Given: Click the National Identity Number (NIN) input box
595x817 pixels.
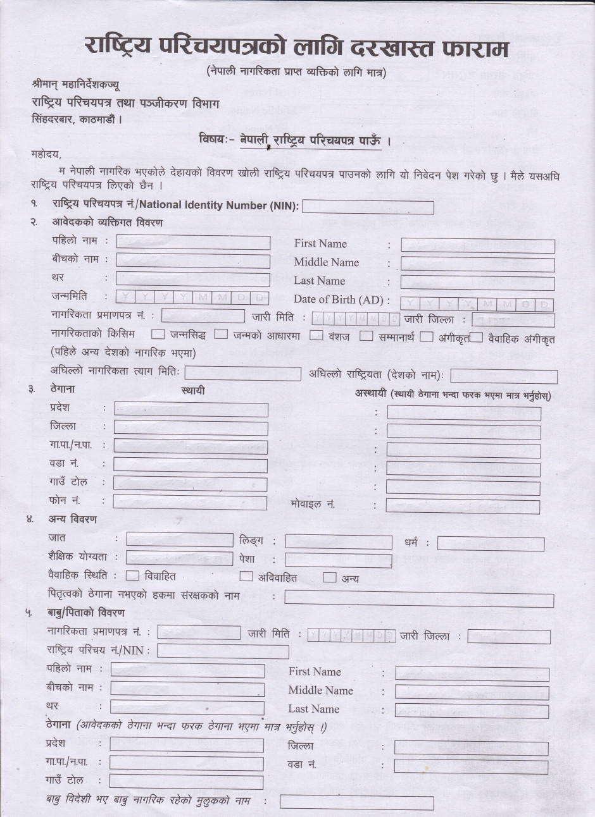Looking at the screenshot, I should (x=367, y=207).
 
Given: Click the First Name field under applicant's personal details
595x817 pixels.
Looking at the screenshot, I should (x=477, y=246).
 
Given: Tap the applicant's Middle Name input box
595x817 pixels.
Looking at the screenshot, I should (x=477, y=264).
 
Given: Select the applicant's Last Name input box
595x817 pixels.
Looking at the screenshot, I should (x=477, y=283).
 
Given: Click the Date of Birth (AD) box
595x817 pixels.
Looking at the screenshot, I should (x=477, y=305).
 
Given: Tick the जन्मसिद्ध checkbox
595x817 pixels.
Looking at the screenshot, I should (x=158, y=335).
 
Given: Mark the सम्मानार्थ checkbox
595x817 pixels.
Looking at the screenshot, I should (x=366, y=336).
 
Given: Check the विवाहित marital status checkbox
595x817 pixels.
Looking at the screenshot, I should (x=132, y=575).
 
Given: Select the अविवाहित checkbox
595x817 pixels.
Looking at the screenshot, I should (x=246, y=576).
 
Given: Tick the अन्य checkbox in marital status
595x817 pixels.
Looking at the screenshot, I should (x=329, y=577).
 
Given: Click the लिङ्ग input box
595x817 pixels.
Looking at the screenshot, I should (x=338, y=542).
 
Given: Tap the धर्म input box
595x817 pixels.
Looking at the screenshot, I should (x=491, y=544).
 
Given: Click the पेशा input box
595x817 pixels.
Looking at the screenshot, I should (x=338, y=560).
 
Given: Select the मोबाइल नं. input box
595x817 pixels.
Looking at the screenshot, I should (x=463, y=506).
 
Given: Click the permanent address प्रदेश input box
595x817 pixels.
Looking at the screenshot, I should (x=191, y=409).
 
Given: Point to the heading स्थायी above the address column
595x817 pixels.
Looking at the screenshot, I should (x=193, y=391).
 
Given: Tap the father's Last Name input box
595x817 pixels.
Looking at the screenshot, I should (x=472, y=710).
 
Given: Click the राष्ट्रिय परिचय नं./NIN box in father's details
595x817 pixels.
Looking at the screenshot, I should (x=222, y=651).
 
